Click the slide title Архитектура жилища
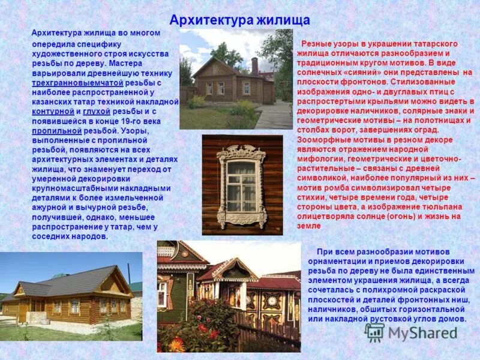239,20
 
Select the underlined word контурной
53,111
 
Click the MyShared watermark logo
412,333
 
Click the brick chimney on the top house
254,65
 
